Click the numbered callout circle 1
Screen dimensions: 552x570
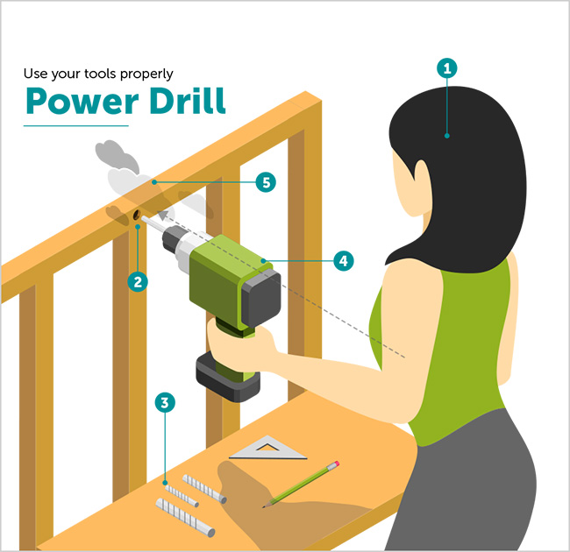point(447,68)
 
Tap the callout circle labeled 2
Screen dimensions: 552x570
point(137,281)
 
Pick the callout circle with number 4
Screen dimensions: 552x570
point(343,259)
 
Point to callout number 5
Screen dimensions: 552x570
point(265,182)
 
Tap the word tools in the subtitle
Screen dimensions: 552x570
point(103,73)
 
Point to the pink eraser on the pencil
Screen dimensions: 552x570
point(335,465)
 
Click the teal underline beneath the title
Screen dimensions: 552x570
point(75,126)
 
